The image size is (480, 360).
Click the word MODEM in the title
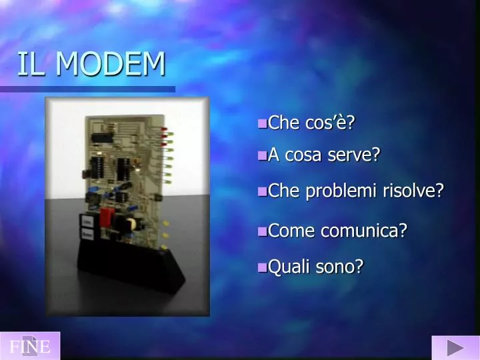tap(111, 64)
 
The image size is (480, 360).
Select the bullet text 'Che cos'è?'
tap(311, 123)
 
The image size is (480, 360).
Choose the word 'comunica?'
tap(364, 231)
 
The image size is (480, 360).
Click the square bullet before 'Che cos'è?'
tap(262, 123)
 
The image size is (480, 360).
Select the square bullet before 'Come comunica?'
tap(262, 232)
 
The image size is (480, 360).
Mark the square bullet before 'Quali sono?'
tap(262, 268)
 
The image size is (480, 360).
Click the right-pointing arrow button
tap(455, 347)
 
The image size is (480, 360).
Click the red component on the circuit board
tap(107, 217)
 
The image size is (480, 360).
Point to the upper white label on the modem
tap(86, 221)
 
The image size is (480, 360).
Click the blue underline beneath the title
tap(87, 89)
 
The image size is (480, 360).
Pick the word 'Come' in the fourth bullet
tap(292, 231)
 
